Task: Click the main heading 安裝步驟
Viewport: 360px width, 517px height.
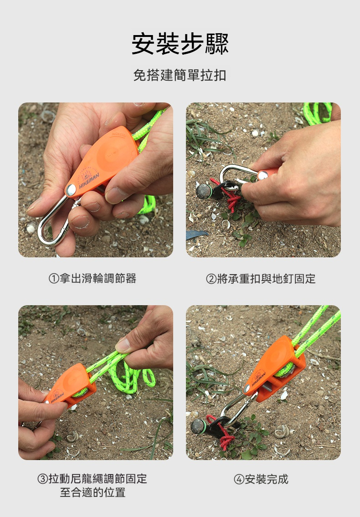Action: (180, 44)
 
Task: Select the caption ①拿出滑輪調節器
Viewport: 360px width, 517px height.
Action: (93, 278)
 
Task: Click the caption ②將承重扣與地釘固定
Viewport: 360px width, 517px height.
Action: (261, 278)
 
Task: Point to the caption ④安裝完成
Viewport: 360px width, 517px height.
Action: (261, 479)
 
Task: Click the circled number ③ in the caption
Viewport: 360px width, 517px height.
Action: (43, 479)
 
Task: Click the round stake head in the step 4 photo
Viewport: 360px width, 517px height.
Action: (198, 427)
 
